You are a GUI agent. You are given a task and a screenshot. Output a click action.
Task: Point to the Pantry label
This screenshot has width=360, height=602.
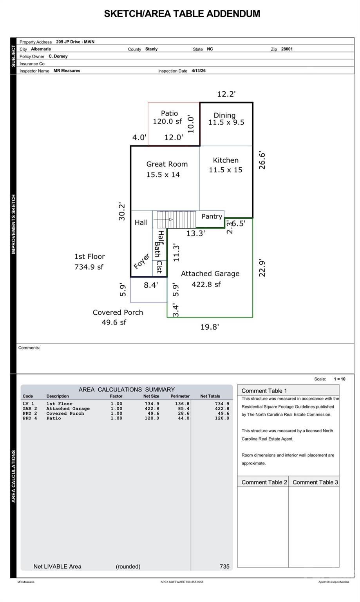click(x=212, y=216)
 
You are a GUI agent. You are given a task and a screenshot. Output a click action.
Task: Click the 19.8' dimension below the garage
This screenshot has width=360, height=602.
click(x=210, y=327)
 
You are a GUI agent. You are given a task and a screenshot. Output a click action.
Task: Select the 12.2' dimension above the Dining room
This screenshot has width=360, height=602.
click(x=226, y=94)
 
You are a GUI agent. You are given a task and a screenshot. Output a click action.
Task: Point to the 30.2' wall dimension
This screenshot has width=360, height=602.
click(x=122, y=212)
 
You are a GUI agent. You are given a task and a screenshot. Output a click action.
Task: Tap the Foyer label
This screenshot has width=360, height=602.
click(x=141, y=261)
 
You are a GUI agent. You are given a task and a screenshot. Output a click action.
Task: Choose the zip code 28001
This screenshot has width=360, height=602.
click(x=287, y=49)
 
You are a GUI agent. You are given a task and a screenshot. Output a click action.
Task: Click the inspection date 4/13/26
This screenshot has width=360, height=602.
click(x=199, y=71)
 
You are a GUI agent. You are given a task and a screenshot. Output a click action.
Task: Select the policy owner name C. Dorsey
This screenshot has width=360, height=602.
click(x=58, y=56)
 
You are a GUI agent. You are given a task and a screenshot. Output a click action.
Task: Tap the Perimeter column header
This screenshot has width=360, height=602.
click(x=180, y=396)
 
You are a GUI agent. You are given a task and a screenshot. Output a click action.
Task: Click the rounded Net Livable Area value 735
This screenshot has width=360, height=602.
click(x=224, y=566)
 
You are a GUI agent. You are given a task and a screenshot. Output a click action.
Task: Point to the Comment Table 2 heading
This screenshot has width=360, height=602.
click(x=264, y=482)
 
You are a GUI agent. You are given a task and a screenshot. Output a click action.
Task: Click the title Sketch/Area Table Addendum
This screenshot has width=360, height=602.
click(x=182, y=14)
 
